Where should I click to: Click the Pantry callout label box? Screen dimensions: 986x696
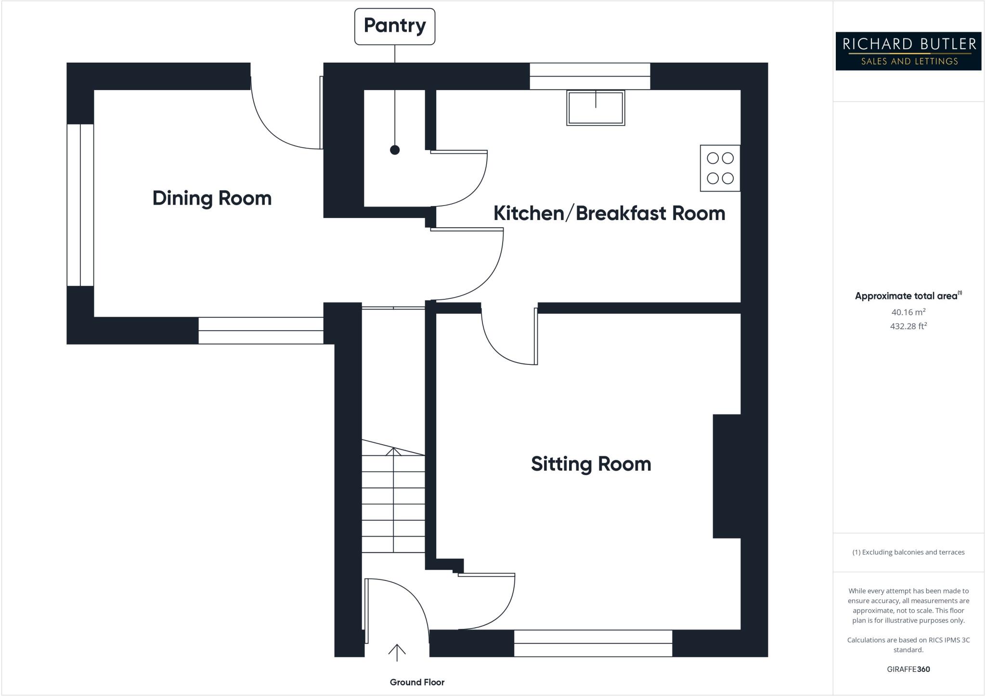pos(395,26)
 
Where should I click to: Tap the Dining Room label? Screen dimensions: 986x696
pos(212,198)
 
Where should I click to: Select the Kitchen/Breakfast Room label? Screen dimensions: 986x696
pos(609,213)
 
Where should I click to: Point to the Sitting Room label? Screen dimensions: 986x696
pos(591,464)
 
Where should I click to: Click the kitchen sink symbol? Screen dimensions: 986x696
pos(596,108)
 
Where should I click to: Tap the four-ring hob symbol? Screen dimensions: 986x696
pos(720,168)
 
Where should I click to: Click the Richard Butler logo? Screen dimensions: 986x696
pos(908,52)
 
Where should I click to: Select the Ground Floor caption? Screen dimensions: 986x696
pos(417,682)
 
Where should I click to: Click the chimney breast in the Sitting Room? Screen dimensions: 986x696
pos(727,476)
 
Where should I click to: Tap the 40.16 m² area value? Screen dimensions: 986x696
pos(908,312)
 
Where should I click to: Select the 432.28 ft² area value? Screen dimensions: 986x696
pos(908,326)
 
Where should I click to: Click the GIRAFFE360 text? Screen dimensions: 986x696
pos(908,669)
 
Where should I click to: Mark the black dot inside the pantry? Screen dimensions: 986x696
pos(395,150)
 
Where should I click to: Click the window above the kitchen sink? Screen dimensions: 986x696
pos(590,76)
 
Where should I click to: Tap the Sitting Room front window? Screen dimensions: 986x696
pos(593,643)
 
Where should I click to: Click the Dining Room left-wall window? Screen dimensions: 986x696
pos(80,205)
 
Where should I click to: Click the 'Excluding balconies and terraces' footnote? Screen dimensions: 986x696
pos(908,552)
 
